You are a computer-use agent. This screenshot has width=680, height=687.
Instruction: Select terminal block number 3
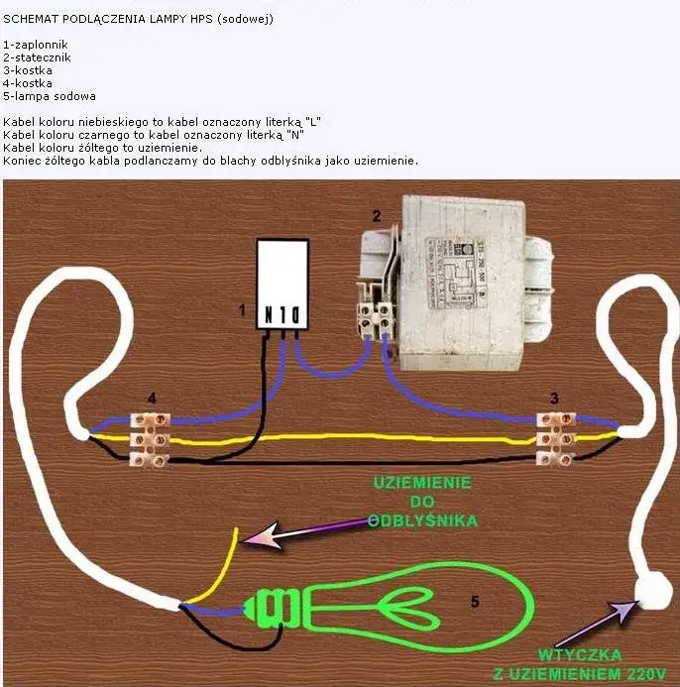tap(555, 437)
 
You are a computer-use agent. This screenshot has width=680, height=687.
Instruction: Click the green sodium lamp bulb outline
tap(416, 606)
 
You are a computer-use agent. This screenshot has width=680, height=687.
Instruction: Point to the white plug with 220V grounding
tap(652, 593)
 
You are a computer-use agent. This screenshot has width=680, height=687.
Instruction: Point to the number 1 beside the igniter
tap(241, 310)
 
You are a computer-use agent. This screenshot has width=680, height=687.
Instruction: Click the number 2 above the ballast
tap(377, 215)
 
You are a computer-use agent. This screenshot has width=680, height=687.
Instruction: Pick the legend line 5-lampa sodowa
tap(50, 96)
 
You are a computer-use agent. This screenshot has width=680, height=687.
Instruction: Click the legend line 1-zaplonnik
tap(35, 46)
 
